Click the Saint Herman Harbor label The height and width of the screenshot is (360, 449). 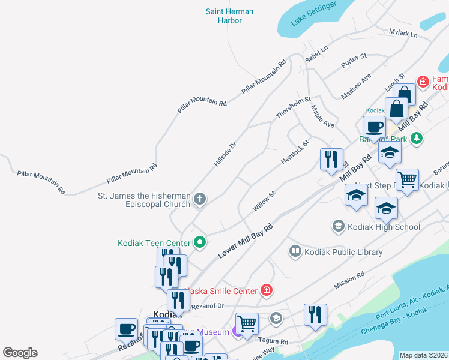[229, 16]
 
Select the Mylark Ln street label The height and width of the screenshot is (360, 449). [403, 34]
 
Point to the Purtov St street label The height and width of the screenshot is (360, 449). [354, 59]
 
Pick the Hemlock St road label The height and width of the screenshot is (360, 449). [295, 153]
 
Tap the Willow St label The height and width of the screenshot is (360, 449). [264, 201]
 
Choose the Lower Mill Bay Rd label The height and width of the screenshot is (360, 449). [245, 241]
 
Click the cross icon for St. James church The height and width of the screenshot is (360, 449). [200, 198]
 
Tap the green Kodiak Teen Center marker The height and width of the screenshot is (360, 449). [200, 242]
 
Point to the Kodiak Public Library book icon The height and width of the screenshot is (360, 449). [295, 252]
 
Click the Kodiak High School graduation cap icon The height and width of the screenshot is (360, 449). [338, 226]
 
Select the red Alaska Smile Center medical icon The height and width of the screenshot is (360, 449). [267, 290]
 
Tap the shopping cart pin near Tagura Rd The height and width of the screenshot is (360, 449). [246, 323]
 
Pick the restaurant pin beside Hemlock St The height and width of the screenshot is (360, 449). [331, 159]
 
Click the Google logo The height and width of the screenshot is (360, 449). [20, 353]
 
